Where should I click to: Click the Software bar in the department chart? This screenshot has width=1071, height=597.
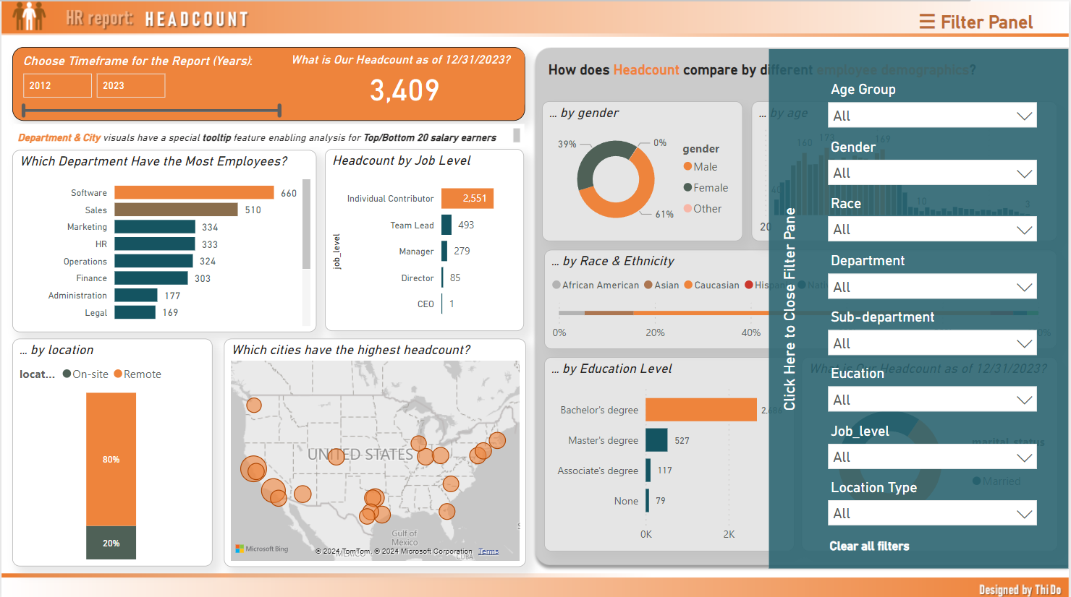(194, 192)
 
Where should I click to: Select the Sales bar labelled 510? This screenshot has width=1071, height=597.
(176, 210)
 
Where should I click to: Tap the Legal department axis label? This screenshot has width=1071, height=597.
(96, 313)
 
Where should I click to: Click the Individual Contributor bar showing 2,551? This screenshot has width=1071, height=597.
(467, 198)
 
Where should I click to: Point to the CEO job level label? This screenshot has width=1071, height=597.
(426, 304)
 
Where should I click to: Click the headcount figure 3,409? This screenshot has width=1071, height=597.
(405, 90)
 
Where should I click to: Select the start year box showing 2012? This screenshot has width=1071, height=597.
(57, 85)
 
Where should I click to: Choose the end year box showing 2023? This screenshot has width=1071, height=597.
(130, 85)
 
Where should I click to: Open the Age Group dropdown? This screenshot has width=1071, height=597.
(932, 116)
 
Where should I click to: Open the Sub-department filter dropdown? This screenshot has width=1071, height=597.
(932, 343)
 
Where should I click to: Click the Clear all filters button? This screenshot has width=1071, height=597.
(869, 546)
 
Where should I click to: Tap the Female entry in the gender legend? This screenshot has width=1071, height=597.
(706, 188)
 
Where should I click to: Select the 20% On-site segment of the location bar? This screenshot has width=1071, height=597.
(111, 543)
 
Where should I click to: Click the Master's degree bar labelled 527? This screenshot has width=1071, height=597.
(656, 440)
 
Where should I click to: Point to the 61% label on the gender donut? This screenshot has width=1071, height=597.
(664, 215)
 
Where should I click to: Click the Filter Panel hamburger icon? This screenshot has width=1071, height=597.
(927, 22)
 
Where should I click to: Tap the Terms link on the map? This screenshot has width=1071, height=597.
(488, 551)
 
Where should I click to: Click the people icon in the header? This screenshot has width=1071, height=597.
(29, 16)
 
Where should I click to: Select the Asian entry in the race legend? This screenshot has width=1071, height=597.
(661, 285)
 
